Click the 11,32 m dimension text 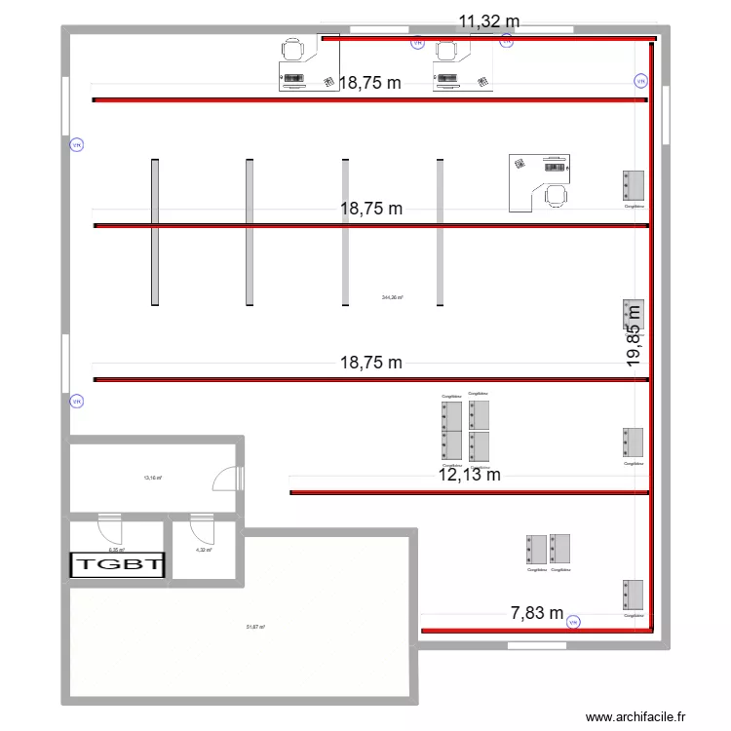click(489, 20)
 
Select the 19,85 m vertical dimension click(635, 334)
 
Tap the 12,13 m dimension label click(469, 475)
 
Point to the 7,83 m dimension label click(537, 613)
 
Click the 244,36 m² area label click(393, 298)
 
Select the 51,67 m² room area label click(256, 628)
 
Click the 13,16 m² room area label click(153, 478)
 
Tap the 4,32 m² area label click(204, 550)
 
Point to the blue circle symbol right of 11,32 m click(506, 42)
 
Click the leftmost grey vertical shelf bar click(154, 232)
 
